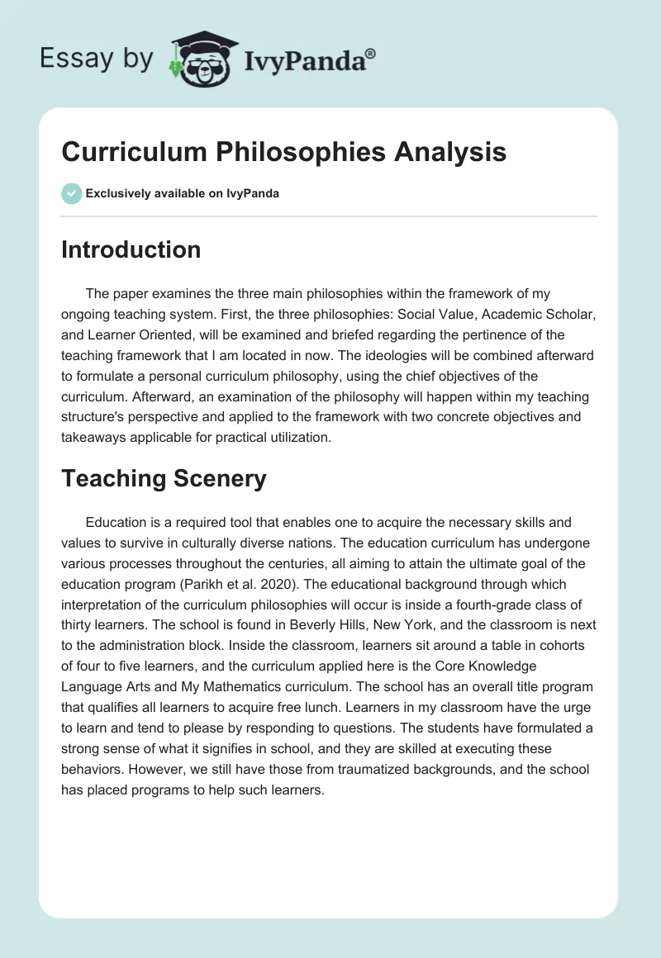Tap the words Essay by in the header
[97, 59]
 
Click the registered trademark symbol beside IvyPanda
[371, 54]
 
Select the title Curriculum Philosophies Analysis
[283, 153]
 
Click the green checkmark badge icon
[71, 193]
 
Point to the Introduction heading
[131, 249]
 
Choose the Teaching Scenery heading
[164, 479]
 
